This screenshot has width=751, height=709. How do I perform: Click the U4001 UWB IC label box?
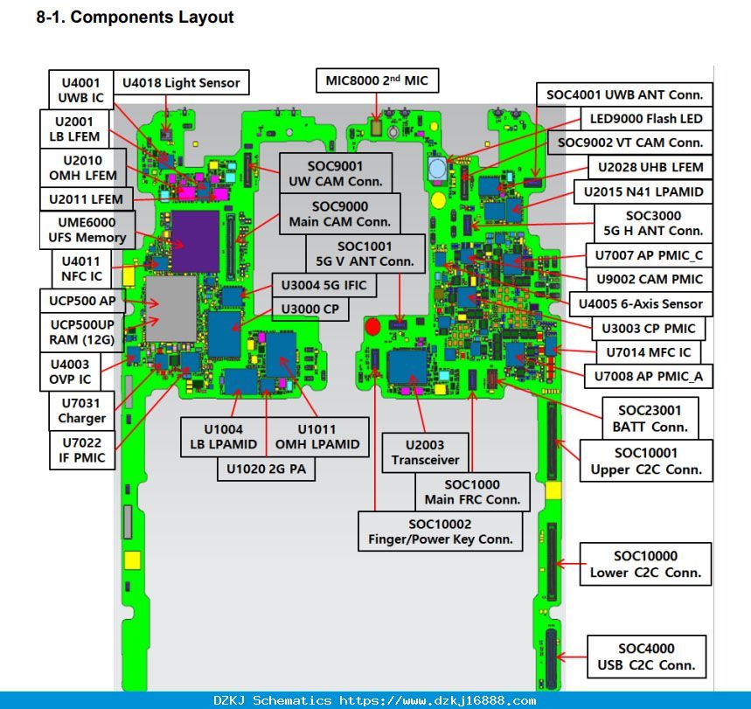pyautogui.click(x=81, y=89)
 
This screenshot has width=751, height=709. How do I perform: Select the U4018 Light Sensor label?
pyautogui.click(x=181, y=82)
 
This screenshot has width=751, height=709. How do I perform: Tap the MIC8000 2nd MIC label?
pyautogui.click(x=377, y=80)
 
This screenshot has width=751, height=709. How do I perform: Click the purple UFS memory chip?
pyautogui.click(x=196, y=241)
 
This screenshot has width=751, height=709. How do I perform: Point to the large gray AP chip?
pyautogui.click(x=171, y=309)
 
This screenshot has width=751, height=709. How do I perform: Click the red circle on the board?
pyautogui.click(x=372, y=327)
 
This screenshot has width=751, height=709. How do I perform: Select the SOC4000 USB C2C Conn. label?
pyautogui.click(x=646, y=657)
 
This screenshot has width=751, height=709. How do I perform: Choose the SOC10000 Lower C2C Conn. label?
pyautogui.click(x=645, y=564)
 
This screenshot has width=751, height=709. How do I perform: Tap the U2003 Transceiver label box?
pyautogui.click(x=425, y=453)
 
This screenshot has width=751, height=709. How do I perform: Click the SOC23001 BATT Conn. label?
pyautogui.click(x=650, y=418)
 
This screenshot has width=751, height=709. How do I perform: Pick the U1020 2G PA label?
pyautogui.click(x=266, y=469)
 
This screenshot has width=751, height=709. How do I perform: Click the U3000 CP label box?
pyautogui.click(x=309, y=309)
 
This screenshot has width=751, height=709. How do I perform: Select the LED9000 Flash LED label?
pyautogui.click(x=646, y=118)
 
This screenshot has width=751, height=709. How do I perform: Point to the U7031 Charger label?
pyautogui.click(x=82, y=411)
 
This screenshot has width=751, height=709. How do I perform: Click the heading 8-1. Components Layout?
pyautogui.click(x=135, y=17)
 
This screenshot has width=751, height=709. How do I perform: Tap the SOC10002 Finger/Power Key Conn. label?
pyautogui.click(x=440, y=532)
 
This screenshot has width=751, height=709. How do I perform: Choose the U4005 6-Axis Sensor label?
pyautogui.click(x=641, y=303)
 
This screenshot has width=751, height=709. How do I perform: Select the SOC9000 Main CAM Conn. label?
pyautogui.click(x=340, y=213)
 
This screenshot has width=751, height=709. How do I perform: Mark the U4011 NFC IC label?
pyautogui.click(x=81, y=268)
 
